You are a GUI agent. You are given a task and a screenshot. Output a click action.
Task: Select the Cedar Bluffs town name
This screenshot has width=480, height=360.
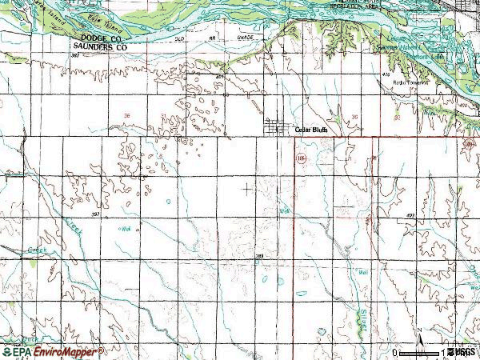click(x=312, y=129)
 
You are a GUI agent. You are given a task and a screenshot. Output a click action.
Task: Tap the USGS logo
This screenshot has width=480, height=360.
click(x=462, y=351)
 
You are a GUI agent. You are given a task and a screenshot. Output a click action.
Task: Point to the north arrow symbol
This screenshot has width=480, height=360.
click(x=421, y=342)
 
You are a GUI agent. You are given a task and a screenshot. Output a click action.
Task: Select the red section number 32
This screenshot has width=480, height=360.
click(x=397, y=117)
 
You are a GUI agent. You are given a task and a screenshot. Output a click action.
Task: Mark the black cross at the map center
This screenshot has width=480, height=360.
click(x=246, y=187)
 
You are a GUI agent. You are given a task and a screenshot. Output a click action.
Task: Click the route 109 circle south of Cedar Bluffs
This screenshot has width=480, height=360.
click(x=300, y=160)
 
